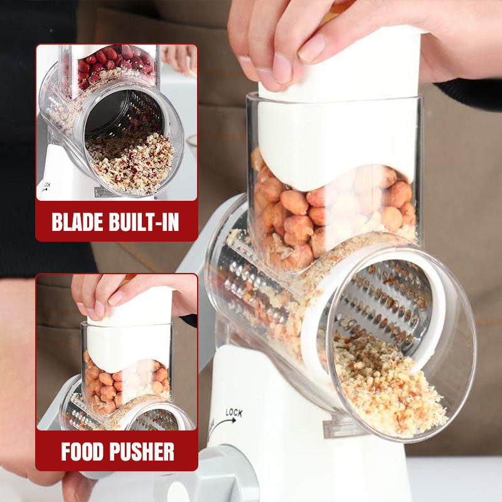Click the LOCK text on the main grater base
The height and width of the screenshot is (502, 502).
point(233,413)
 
